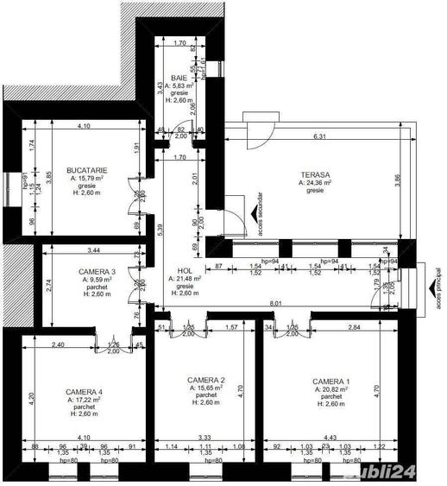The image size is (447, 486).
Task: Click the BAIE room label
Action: [179, 78]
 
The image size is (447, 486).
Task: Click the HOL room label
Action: [173, 269]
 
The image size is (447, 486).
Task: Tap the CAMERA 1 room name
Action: [331, 381]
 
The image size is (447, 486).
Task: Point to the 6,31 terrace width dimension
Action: [319, 136]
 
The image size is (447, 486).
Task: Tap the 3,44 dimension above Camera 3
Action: [83, 249]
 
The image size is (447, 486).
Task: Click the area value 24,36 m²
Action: [314, 183]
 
